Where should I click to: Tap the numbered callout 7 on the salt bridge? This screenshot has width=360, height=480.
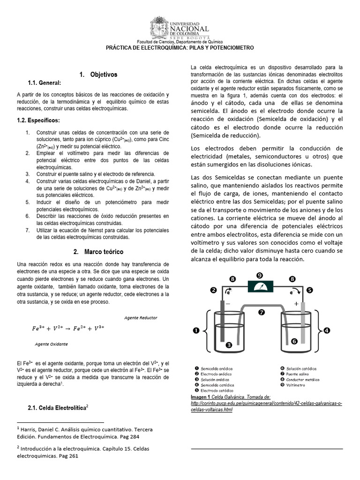[x=262, y=311]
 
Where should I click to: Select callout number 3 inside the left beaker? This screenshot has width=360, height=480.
[x=229, y=345]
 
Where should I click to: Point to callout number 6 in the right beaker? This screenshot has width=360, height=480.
[x=294, y=341]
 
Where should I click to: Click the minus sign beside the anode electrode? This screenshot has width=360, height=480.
[x=228, y=304]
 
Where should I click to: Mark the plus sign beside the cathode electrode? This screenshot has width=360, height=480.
[x=296, y=304]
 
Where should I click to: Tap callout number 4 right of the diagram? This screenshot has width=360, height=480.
[x=327, y=330]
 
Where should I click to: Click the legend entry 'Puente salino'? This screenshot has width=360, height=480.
[x=298, y=374]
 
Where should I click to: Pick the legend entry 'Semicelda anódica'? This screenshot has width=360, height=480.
[x=216, y=369]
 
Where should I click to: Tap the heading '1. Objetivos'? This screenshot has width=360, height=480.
[x=98, y=75]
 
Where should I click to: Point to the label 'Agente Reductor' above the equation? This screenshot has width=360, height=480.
[x=141, y=317]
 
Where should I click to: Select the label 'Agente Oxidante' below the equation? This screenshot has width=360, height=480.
[x=51, y=344]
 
